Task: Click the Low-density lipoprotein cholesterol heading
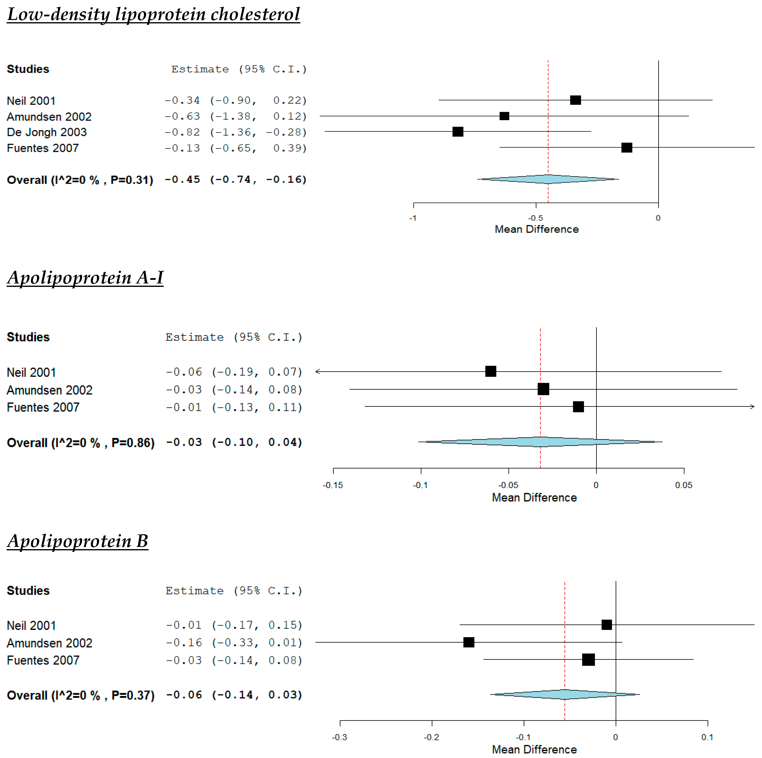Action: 153,15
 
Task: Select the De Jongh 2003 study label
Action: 47,132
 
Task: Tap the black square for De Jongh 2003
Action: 457,131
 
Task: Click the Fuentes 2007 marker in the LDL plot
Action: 626,147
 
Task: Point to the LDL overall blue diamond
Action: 548,179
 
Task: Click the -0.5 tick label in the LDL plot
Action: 536,218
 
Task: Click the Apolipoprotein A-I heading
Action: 85,278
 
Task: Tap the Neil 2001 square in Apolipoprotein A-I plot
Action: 490,371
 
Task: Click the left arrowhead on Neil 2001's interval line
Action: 317,371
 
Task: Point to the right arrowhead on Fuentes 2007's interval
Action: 752,407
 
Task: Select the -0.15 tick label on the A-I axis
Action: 333,485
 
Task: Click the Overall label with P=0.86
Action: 80,443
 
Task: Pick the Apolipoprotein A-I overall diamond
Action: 540,442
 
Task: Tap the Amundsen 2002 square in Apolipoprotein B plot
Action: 468,642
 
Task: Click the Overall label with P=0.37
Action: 80,695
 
